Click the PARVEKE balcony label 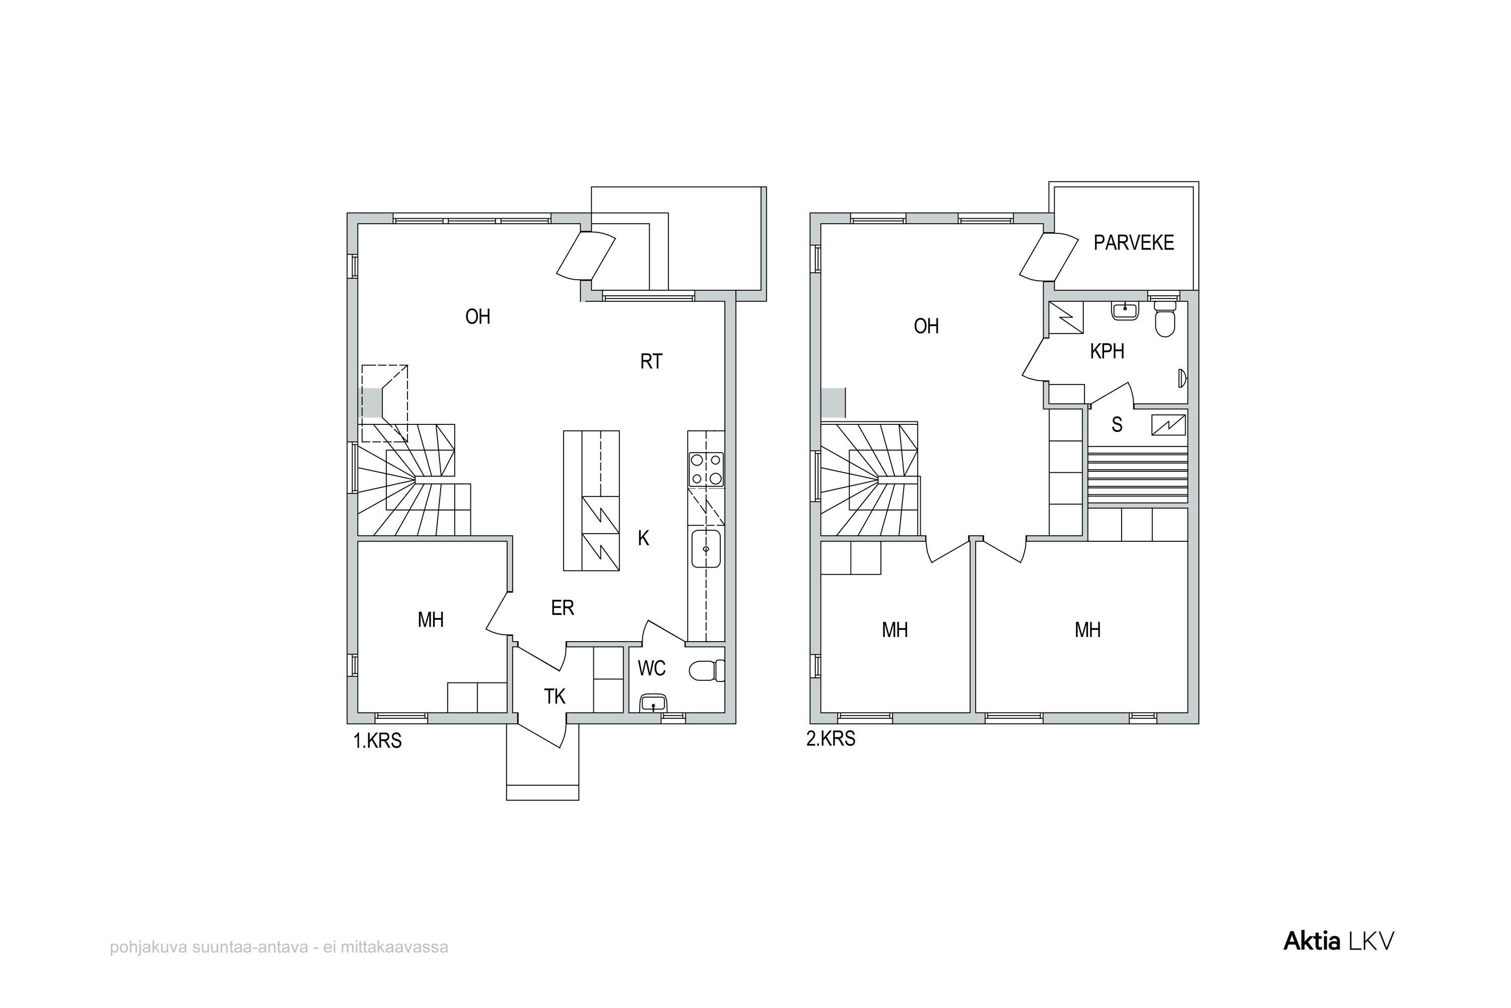(x=1134, y=242)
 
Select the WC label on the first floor (x=651, y=669)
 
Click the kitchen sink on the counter (x=706, y=549)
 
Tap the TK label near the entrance (x=555, y=696)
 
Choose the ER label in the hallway (x=562, y=607)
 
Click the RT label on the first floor (x=651, y=361)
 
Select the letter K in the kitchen (x=643, y=538)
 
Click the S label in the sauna (x=1117, y=424)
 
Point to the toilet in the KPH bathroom (x=1164, y=320)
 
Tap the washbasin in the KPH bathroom (x=1125, y=310)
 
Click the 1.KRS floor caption (x=377, y=741)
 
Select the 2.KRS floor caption (x=831, y=739)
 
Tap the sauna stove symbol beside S (x=1168, y=425)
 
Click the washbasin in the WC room (x=654, y=703)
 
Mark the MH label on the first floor (x=431, y=620)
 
